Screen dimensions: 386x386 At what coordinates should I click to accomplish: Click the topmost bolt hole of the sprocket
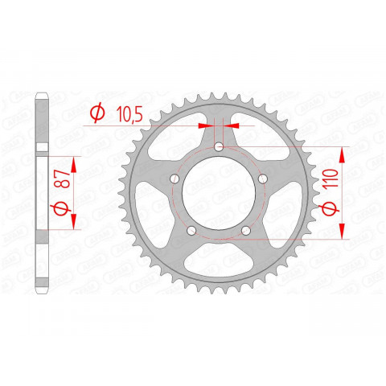click(220, 146)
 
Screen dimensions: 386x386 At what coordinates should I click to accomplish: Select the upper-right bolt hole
click(262, 178)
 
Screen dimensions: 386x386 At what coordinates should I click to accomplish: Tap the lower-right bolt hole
click(246, 230)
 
